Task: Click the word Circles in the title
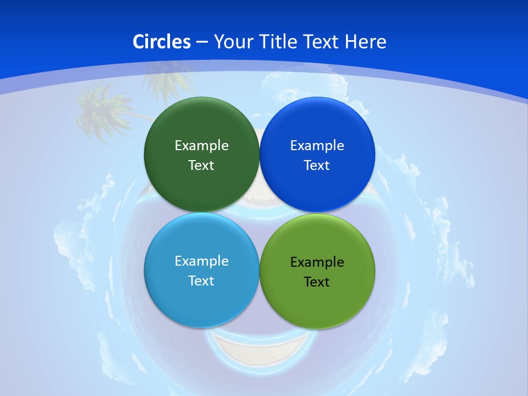(161, 42)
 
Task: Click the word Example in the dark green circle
(201, 146)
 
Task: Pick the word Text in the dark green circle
(201, 166)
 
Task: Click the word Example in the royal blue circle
(317, 146)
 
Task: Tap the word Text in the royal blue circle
(317, 166)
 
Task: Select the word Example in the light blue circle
(201, 261)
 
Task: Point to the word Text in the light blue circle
(201, 281)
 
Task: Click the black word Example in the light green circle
(317, 262)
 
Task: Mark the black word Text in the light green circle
(317, 282)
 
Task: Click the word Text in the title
(321, 42)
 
